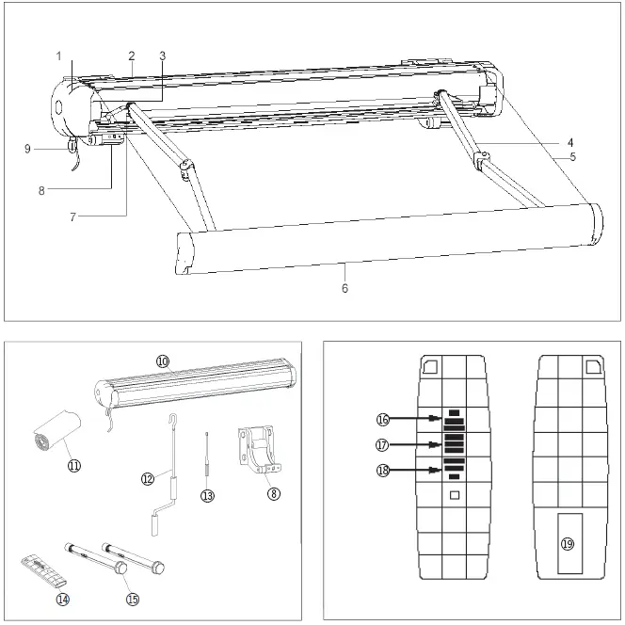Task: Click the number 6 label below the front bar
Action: tap(345, 288)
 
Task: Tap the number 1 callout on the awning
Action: tap(58, 56)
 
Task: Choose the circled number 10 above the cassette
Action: tap(162, 361)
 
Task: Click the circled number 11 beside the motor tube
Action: tap(73, 464)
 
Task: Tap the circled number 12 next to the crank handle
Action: tap(147, 479)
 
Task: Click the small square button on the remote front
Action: tap(455, 495)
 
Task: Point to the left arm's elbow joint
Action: tap(187, 169)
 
